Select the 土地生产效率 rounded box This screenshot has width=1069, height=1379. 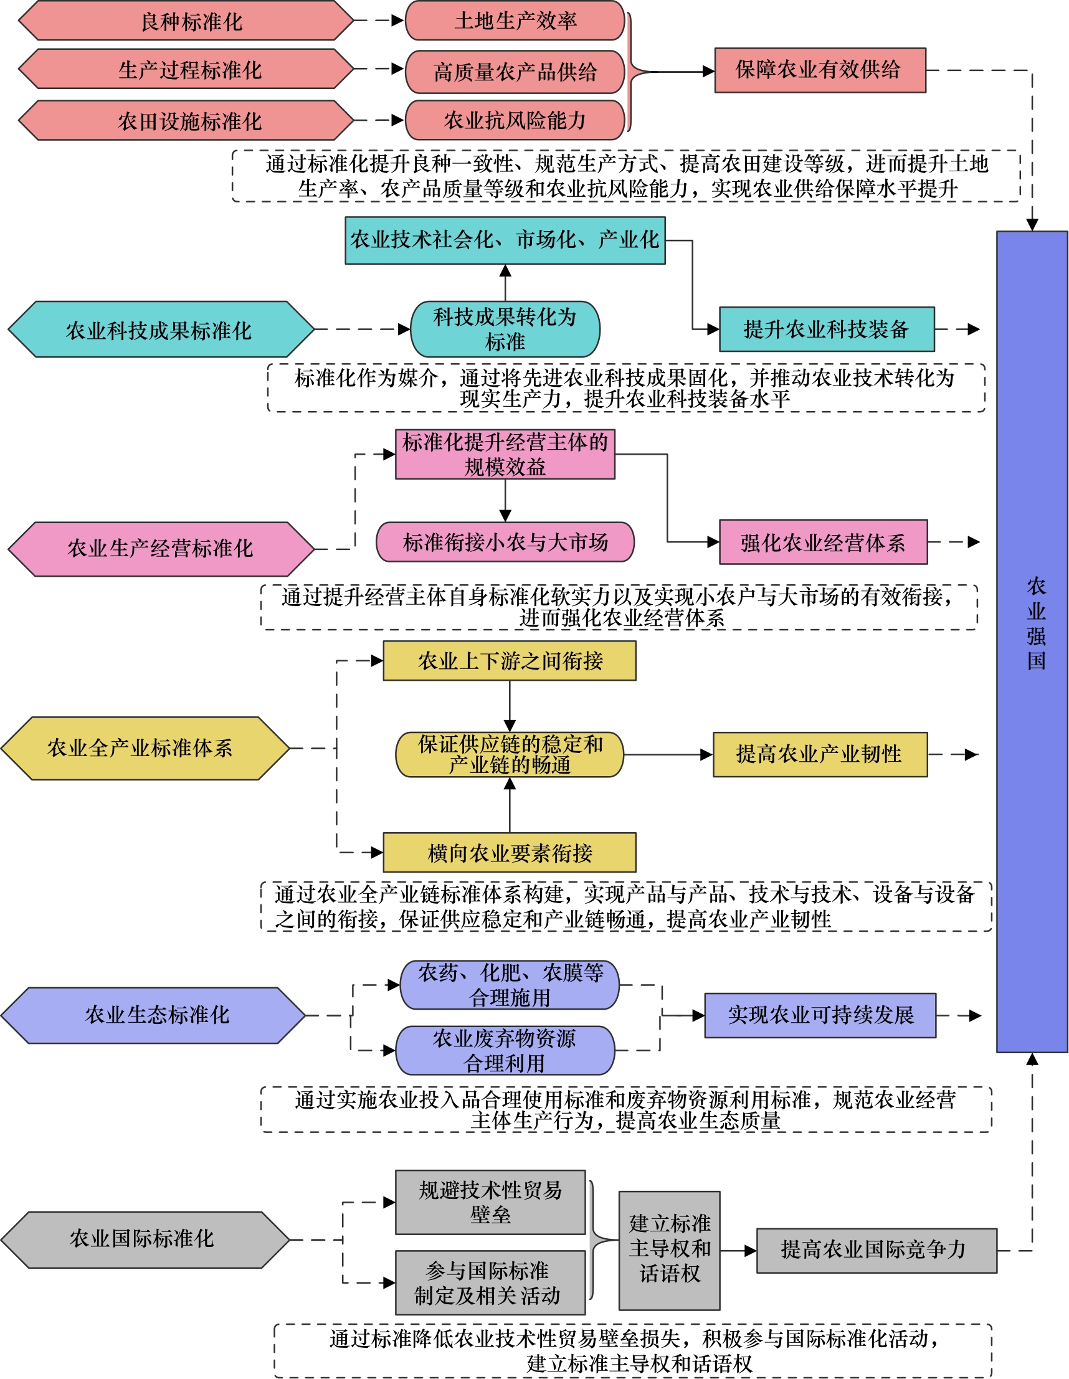point(515,21)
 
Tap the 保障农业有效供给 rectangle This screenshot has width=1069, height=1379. point(820,70)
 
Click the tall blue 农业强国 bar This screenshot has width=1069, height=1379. point(1032,641)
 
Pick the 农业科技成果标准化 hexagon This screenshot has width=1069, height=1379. point(160,329)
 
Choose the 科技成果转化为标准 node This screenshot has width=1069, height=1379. point(505,329)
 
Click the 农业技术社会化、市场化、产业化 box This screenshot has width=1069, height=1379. point(505,240)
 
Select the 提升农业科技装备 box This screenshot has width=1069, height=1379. point(827,329)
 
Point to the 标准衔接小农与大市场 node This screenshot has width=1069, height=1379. point(505,542)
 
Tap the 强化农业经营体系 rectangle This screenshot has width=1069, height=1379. point(824,542)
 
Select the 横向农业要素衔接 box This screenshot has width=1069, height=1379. point(510,853)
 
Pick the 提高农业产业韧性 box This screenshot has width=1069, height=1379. point(820,754)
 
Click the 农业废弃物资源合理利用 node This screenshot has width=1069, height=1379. point(505,1050)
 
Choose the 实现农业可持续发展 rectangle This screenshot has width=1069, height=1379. point(820,1015)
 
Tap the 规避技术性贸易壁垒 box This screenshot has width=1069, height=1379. point(490,1202)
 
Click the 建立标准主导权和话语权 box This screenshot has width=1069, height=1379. point(669,1250)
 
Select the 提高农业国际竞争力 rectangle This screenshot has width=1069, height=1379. point(877,1250)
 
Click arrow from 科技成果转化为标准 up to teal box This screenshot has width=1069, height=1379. point(505,283)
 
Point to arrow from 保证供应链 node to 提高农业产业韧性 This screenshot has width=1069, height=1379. point(668,754)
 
